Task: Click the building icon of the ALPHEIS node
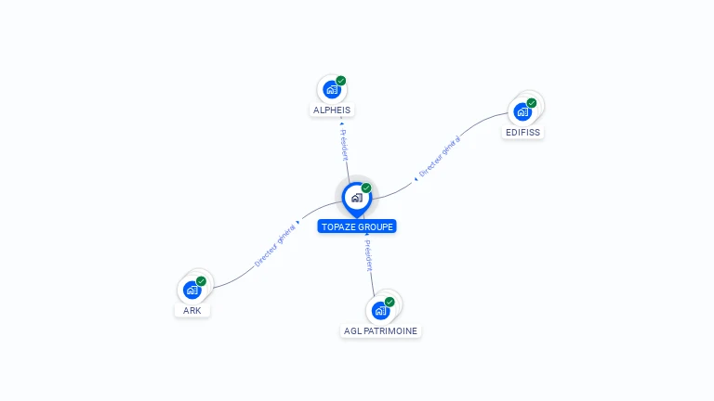[331, 90]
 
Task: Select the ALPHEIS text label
[332, 110]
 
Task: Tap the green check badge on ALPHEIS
[341, 81]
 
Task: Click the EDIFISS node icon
[522, 112]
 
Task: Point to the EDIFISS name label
[522, 133]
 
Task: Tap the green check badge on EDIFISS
[532, 103]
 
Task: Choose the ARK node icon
[192, 290]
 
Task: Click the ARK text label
[192, 310]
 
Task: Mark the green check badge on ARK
[201, 280]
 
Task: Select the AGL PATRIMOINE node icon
[380, 310]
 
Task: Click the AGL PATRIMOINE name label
[381, 331]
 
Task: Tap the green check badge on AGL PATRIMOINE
[390, 301]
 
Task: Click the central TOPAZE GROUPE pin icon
[356, 198]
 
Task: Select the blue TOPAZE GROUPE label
[357, 226]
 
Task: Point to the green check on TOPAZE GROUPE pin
[366, 188]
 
